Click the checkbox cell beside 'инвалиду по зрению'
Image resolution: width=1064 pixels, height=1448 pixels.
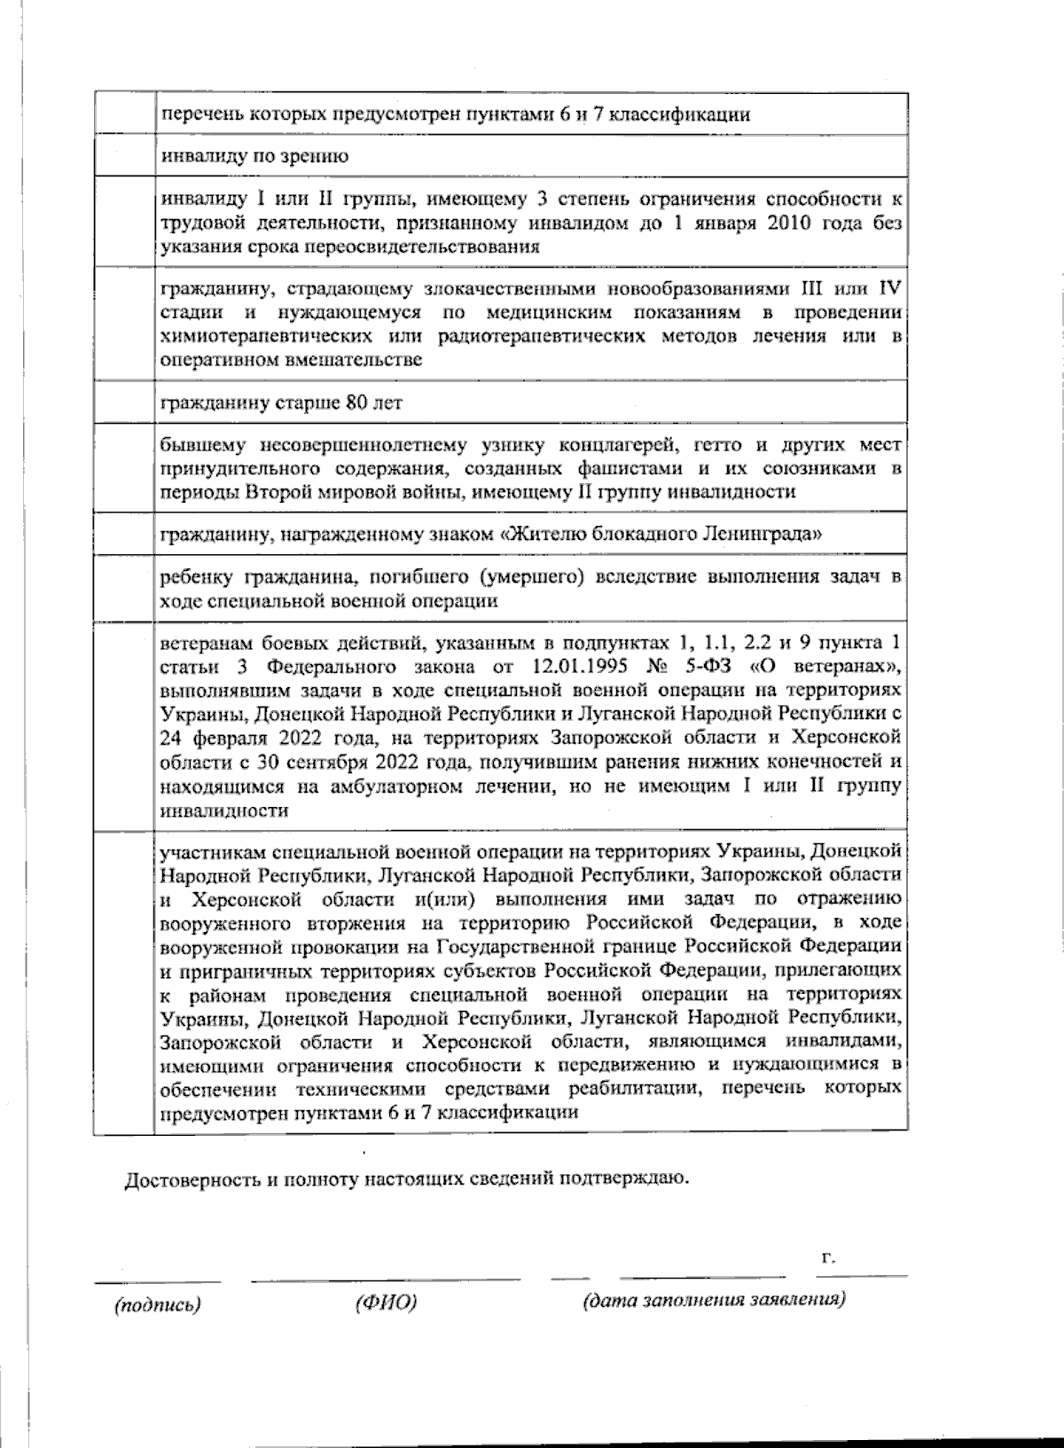[124, 156]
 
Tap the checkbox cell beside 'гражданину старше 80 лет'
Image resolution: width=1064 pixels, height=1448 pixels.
[124, 403]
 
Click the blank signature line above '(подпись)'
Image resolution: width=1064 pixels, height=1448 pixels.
[158, 1280]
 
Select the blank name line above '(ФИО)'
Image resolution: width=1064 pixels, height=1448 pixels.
[386, 1280]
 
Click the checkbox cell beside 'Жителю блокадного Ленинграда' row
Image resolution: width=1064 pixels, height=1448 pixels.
[124, 535]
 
